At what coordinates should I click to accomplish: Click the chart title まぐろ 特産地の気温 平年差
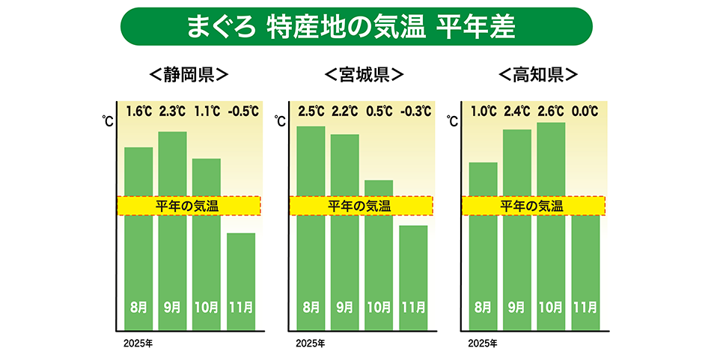[356, 26]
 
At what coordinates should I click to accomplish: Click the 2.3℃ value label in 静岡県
[172, 112]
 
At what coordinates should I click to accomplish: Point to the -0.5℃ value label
[241, 112]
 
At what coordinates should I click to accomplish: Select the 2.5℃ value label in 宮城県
[311, 112]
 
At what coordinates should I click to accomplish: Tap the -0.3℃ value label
[414, 112]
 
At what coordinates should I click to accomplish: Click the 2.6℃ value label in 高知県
[551, 112]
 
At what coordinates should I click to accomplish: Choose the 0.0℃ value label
[585, 112]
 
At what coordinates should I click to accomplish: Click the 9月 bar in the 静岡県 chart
[172, 254]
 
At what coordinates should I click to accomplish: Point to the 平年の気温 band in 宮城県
[360, 206]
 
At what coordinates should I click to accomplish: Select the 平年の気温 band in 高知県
[532, 206]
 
